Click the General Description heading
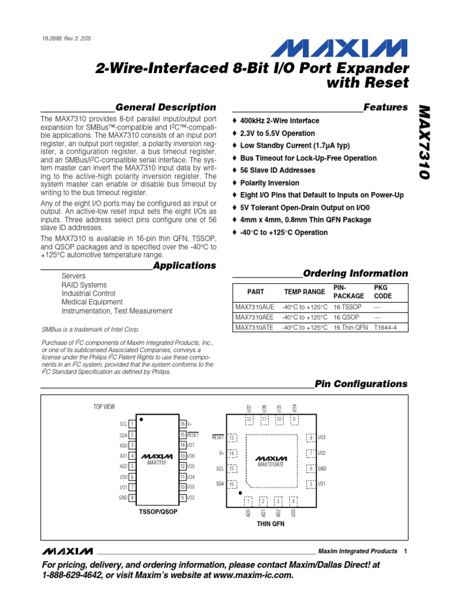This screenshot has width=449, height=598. tap(165, 107)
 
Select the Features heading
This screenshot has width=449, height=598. tap(385, 107)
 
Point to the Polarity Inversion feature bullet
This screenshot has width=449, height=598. tap(270, 183)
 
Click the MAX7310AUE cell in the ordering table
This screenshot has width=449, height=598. tap(254, 307)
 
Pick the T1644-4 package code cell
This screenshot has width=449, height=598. tap(385, 328)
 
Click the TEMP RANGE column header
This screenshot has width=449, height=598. tap(304, 291)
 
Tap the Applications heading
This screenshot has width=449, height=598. tap(184, 266)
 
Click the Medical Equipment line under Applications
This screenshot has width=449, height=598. tap(92, 303)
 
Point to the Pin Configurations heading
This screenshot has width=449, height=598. tap(361, 384)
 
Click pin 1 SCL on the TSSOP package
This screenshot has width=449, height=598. tap(129, 424)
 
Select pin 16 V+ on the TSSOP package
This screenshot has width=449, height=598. tap(186, 424)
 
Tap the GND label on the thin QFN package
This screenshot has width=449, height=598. tap(322, 468)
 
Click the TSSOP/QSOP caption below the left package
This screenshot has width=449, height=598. tap(158, 512)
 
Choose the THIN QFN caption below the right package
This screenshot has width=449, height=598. tap(271, 524)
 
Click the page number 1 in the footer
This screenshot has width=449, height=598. tap(405, 551)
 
